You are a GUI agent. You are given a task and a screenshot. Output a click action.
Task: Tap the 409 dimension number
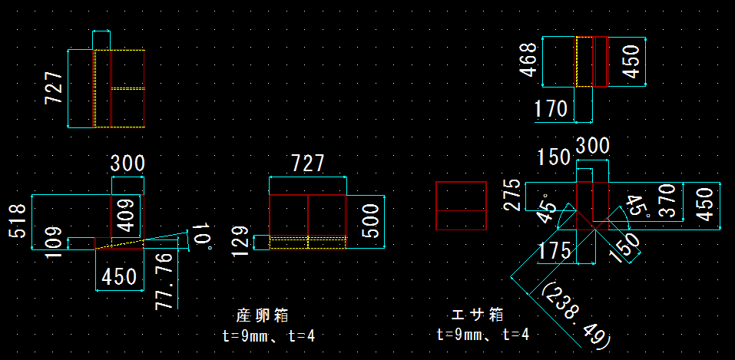(130, 215)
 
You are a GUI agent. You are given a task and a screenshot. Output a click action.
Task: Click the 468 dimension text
(528, 61)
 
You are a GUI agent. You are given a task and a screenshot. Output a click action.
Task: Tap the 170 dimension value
(551, 109)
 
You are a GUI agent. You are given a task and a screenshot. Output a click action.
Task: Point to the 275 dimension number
(514, 196)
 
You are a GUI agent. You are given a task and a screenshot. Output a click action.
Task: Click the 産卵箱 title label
(262, 315)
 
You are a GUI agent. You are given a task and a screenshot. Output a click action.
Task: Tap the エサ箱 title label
(477, 315)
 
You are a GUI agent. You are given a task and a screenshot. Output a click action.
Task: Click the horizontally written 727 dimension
(306, 163)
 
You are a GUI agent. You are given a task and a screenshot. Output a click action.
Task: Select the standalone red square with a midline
(461, 206)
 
